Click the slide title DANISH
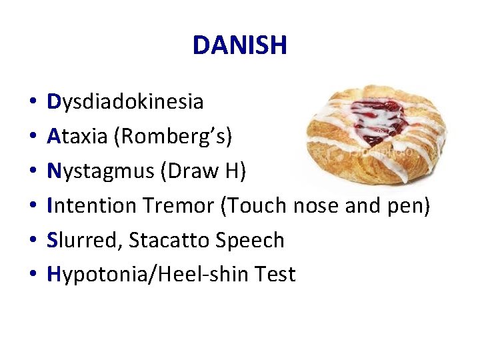click(240, 45)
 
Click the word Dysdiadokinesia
click(125, 102)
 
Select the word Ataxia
click(77, 137)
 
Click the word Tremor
click(176, 206)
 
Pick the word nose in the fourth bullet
click(317, 206)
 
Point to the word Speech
click(251, 241)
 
